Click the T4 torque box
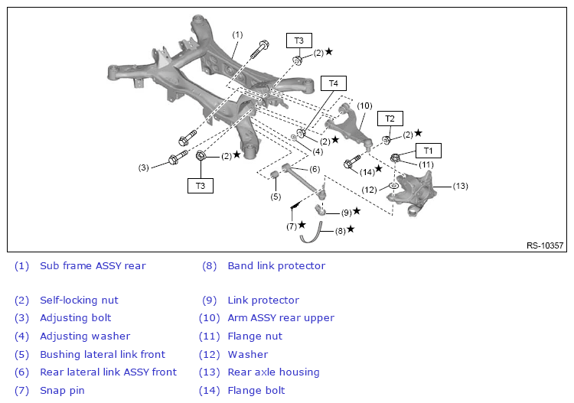coord(333,83)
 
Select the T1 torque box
coord(428,151)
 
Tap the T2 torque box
coord(390,119)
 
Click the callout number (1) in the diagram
coord(237,34)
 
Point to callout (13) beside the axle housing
coord(460,186)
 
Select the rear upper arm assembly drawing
coord(348,125)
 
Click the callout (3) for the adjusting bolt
coord(143,167)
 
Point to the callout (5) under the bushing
coord(276,197)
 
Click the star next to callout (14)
coord(379,168)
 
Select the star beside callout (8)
coord(351,229)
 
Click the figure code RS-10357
coord(545,245)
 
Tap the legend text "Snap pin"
coord(62,391)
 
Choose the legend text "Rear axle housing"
coord(273,372)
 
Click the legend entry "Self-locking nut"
coord(79,301)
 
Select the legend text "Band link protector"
coord(276,266)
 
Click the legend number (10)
coord(210,318)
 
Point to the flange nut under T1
coord(395,158)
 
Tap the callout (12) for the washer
coord(369,190)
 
